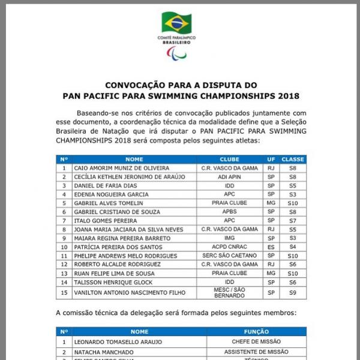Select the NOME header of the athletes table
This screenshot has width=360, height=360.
134,159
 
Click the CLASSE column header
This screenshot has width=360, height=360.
293,159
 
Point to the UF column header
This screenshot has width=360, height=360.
271,159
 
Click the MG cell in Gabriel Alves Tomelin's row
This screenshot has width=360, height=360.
271,203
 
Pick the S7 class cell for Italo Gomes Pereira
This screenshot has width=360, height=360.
293,220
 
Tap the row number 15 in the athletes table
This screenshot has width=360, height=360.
64,292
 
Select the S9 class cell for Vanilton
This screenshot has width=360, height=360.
293,292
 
